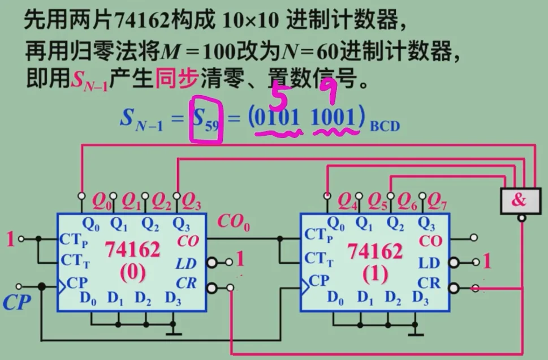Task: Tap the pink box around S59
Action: pos(206,121)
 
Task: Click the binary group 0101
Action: pos(277,119)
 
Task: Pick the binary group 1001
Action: pos(335,119)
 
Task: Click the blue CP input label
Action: pos(16,303)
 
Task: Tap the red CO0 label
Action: pos(234,222)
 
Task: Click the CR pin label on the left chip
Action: pos(187,282)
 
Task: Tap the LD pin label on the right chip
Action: pos(428,263)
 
